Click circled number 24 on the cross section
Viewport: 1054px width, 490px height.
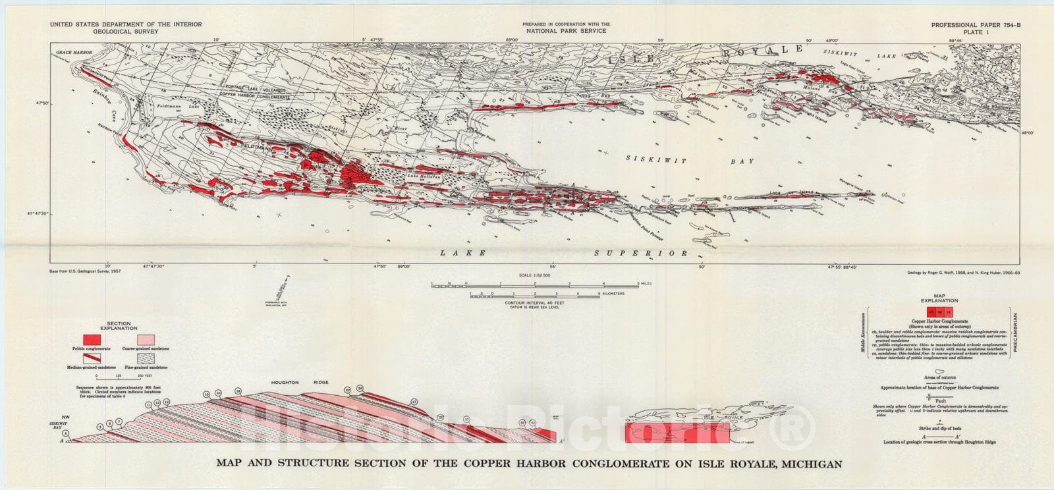(x=360, y=389)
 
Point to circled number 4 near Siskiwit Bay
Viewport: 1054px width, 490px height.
(x=85, y=433)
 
